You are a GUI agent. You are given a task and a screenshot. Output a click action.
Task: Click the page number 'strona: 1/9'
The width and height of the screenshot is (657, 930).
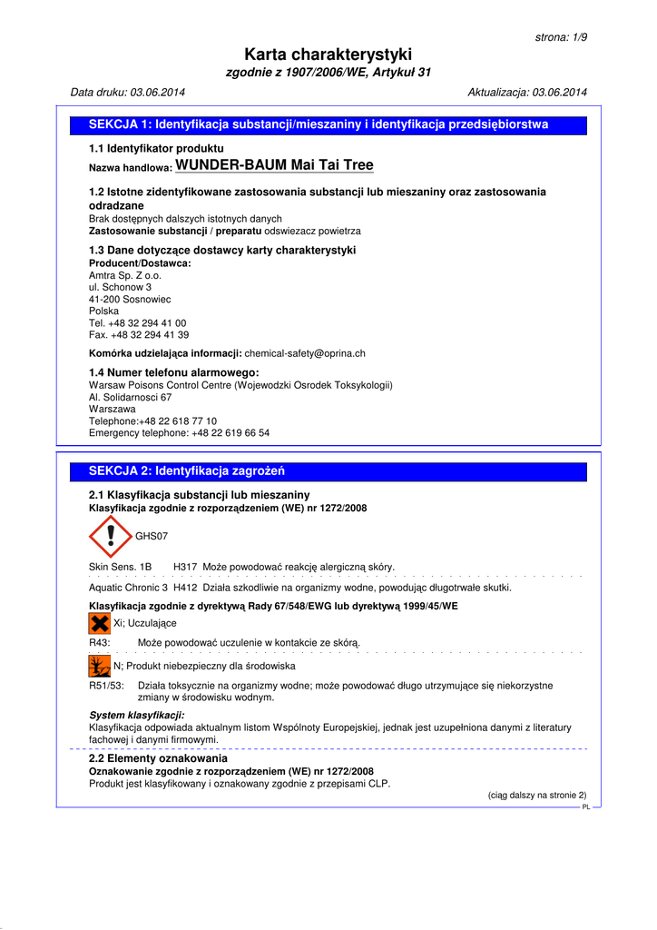[x=561, y=37]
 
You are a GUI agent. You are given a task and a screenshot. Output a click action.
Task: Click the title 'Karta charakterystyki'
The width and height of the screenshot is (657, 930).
[x=328, y=54]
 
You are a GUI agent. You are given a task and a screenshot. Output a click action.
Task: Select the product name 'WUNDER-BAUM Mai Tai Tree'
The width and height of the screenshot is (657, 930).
[x=273, y=165]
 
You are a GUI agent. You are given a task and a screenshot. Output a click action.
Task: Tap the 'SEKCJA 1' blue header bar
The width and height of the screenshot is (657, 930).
[x=328, y=125]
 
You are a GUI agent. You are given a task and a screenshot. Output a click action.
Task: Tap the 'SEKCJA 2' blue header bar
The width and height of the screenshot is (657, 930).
[x=328, y=471]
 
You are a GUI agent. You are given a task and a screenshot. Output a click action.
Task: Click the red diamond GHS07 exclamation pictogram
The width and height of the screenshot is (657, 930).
[x=110, y=537]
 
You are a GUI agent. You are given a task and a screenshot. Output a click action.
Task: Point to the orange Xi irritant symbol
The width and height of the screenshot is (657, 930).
[x=99, y=623]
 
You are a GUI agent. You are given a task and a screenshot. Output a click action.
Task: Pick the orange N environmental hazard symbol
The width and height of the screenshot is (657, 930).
[x=99, y=666]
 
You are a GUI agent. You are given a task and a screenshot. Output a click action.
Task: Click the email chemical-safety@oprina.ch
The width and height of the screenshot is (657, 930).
[x=305, y=353]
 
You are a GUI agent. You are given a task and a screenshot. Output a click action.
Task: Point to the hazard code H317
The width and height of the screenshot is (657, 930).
[x=185, y=567]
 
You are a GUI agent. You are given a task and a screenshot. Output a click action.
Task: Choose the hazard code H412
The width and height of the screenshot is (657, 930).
[x=185, y=588]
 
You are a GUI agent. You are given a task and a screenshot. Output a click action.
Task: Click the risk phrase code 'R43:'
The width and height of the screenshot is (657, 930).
[x=100, y=643]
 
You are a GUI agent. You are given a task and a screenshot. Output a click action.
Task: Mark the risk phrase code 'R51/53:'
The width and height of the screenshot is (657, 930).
[x=106, y=686]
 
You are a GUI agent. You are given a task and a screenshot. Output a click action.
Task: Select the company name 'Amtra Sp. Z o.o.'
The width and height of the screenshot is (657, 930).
[x=125, y=275]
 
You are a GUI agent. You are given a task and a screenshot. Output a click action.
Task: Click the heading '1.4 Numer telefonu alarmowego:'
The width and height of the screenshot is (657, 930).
[x=174, y=372]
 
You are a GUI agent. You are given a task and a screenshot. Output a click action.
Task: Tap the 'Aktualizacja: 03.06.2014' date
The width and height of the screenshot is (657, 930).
[x=527, y=93]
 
